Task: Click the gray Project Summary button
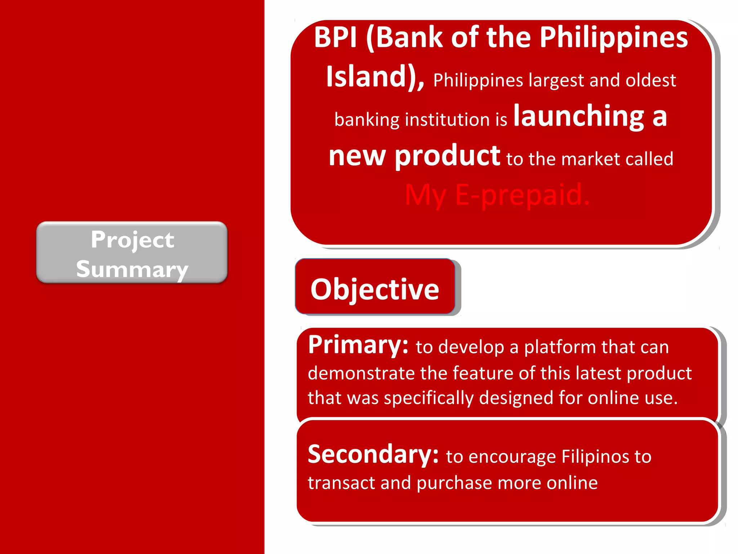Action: [x=132, y=252]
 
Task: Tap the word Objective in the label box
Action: [x=375, y=289]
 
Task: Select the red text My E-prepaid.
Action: [x=497, y=195]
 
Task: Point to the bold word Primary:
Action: [x=358, y=345]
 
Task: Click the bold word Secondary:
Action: [x=373, y=454]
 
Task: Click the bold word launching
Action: [x=579, y=116]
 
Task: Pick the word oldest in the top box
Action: [x=651, y=80]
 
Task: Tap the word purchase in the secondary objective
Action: [x=454, y=483]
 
